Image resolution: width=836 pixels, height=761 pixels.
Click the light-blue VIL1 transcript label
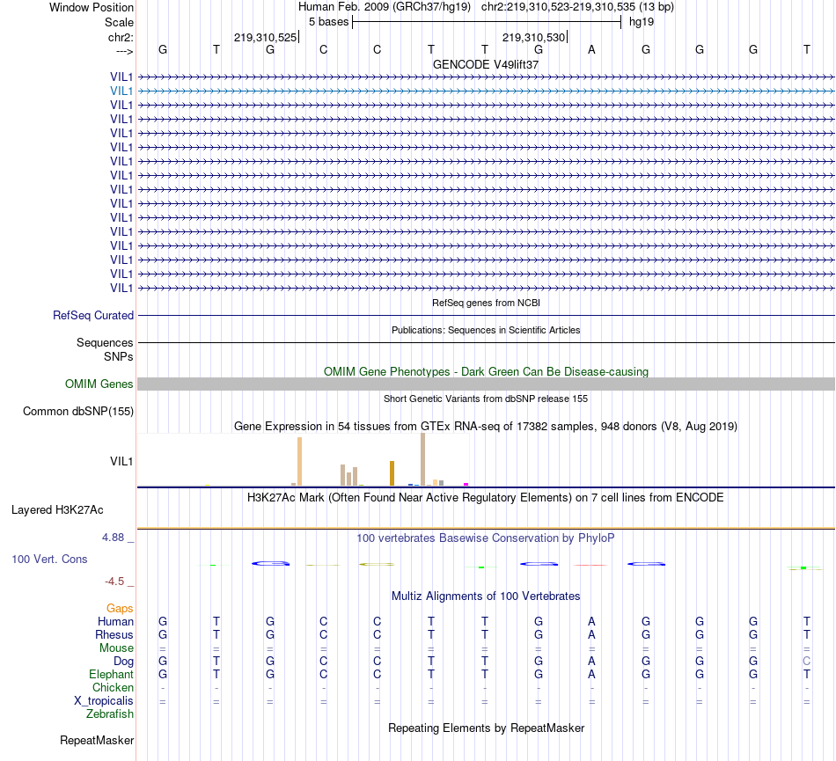click(x=121, y=91)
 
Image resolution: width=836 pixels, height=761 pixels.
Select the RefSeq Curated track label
click(x=93, y=315)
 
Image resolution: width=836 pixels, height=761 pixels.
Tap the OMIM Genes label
click(x=99, y=384)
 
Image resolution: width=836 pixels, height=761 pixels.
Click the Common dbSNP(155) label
click(x=78, y=411)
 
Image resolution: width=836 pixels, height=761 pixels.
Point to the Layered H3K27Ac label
click(x=57, y=509)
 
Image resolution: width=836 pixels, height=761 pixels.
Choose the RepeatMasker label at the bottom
click(x=97, y=741)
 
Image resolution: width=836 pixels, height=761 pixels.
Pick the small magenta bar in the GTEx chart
click(x=466, y=483)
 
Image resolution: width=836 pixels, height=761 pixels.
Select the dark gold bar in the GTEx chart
click(x=392, y=472)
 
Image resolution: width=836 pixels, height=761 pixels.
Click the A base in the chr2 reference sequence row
click(x=592, y=49)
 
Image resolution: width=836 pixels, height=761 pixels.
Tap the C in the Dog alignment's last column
click(x=806, y=661)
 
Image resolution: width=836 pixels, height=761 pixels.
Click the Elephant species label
click(x=111, y=674)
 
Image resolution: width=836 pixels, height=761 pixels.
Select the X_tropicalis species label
click(x=104, y=700)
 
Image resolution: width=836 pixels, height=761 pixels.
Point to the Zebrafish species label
click(x=110, y=713)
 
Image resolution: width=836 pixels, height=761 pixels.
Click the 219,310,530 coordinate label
click(x=533, y=37)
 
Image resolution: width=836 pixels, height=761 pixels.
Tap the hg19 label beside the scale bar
click(x=641, y=22)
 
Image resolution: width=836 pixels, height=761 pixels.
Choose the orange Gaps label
click(x=120, y=608)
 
